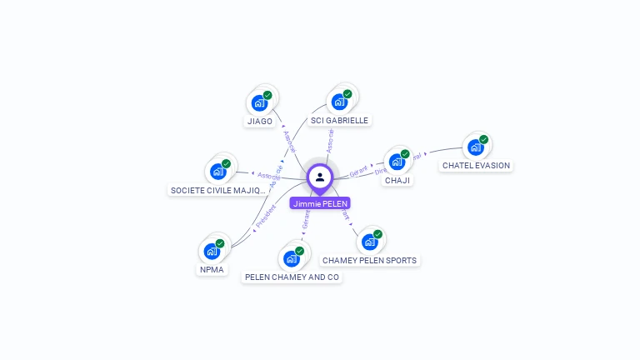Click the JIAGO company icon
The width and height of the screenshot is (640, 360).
259,103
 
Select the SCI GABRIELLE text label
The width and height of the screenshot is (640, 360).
339,120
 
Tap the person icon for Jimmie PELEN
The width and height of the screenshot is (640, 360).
320,177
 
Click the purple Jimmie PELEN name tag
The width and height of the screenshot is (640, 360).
320,203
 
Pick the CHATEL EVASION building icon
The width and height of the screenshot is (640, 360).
475,147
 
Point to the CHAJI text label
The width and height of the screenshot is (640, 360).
397,180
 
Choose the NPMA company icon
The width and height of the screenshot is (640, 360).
212,251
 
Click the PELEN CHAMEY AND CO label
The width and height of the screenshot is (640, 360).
292,277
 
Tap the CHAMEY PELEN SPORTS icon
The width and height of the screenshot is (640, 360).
369,242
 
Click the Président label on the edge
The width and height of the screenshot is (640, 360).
265,217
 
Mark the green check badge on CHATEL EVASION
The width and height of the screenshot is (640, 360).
483,139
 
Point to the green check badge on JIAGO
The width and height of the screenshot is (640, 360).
267,95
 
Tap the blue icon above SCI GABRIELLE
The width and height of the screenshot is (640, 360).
338,102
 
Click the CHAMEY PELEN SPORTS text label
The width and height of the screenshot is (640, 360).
369,260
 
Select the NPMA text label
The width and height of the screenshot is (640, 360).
212,269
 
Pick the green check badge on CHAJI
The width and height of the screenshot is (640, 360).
405,153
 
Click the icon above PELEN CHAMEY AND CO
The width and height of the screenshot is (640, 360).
291,258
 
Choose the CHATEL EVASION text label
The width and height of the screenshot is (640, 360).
476,165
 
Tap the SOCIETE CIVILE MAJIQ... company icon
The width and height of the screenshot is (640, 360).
217,172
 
